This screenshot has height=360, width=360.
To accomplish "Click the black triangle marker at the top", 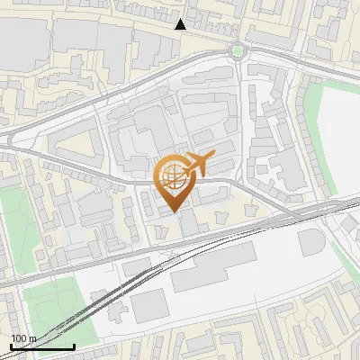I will (x=181, y=24).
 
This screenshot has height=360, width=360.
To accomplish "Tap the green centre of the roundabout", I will (x=238, y=50).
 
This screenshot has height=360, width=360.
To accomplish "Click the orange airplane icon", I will (x=200, y=163).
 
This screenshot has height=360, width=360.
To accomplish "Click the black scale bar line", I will (x=42, y=346).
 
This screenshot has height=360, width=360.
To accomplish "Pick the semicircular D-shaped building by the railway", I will (x=311, y=242).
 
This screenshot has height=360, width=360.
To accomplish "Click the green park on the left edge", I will (x=11, y=225).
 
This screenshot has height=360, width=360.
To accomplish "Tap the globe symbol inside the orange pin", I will (x=174, y=175).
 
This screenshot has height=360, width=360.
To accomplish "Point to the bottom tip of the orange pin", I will (x=174, y=211).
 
